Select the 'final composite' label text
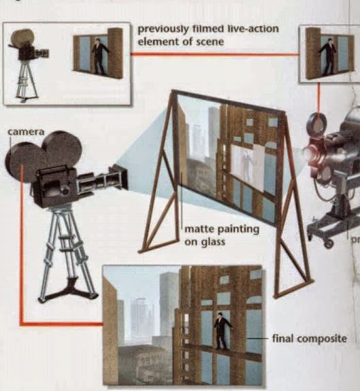[309, 337]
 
